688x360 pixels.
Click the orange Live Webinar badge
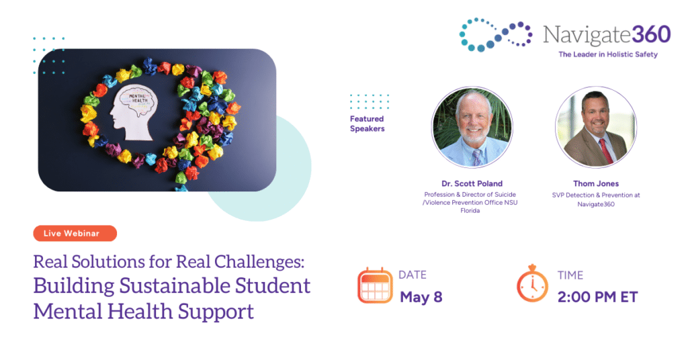pyautogui.click(x=75, y=233)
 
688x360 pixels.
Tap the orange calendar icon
pyautogui.click(x=375, y=285)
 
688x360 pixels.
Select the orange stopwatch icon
pyautogui.click(x=532, y=283)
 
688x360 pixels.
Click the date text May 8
pyautogui.click(x=421, y=298)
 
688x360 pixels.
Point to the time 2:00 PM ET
pyautogui.click(x=597, y=298)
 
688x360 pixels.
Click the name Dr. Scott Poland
pyautogui.click(x=472, y=184)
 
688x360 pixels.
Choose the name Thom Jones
pyautogui.click(x=596, y=184)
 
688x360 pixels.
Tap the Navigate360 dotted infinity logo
pyautogui.click(x=496, y=35)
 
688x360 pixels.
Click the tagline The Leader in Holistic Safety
pyautogui.click(x=607, y=54)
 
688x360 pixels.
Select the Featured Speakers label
pyautogui.click(x=368, y=124)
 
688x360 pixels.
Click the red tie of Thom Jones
pyautogui.click(x=605, y=150)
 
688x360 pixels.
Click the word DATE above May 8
pyautogui.click(x=413, y=275)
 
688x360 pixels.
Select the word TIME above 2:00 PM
pyautogui.click(x=570, y=275)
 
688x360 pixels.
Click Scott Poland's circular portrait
pyautogui.click(x=472, y=127)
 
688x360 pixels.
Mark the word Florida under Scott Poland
pyautogui.click(x=470, y=211)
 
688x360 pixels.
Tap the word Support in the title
pyautogui.click(x=216, y=312)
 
